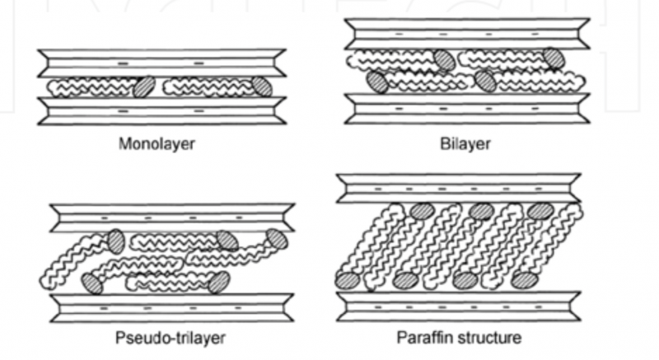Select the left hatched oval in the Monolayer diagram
(x=145, y=86)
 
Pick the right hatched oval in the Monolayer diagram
(x=262, y=85)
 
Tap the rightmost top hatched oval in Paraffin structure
(x=541, y=210)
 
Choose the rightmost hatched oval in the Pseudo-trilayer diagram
(x=277, y=240)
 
